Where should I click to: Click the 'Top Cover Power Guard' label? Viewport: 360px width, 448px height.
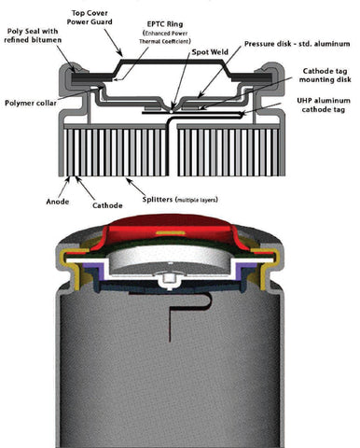[90, 18]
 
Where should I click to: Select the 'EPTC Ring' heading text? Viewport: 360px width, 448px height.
[165, 24]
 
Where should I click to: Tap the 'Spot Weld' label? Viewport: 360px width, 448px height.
[210, 52]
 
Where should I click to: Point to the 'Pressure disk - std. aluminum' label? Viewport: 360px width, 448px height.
[298, 44]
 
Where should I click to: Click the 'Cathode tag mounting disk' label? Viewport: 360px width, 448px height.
[325, 76]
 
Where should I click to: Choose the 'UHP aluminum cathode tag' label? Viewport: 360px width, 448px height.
[324, 105]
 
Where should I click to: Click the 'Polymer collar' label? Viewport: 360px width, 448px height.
[31, 103]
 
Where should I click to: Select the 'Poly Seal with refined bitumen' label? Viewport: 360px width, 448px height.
[33, 35]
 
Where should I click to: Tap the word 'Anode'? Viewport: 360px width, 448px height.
[58, 202]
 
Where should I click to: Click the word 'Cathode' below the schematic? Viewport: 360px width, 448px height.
[107, 205]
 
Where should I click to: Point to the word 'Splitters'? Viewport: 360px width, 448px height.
[158, 200]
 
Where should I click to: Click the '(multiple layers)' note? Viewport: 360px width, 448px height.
[197, 200]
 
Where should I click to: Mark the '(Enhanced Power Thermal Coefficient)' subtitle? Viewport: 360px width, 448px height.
[165, 37]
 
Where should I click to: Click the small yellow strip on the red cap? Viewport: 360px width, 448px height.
[171, 232]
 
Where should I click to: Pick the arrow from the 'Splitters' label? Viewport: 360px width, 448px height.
[135, 187]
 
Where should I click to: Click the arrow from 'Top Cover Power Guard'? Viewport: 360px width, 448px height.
[113, 43]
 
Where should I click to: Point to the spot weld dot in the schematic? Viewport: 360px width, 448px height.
[172, 110]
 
